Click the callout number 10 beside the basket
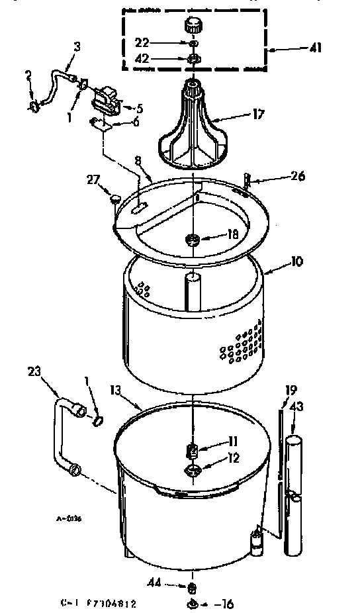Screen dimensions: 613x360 click(296, 261)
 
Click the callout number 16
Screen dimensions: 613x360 click(229, 603)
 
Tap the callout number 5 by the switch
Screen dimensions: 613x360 click(140, 108)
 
